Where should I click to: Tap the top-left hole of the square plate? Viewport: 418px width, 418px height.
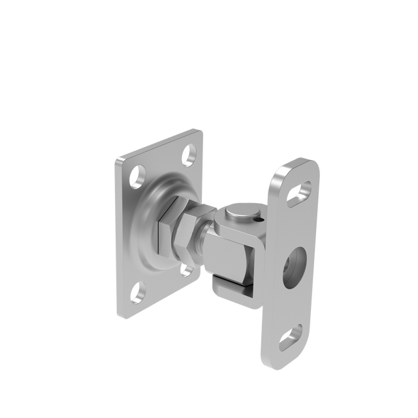(138, 175)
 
